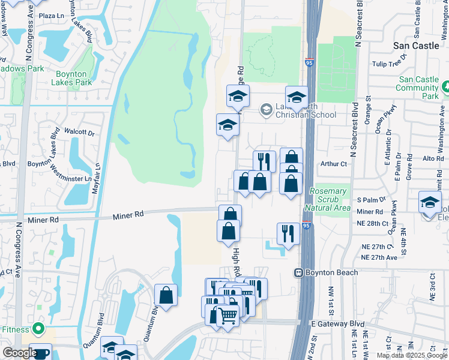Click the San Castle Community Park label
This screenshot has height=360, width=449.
(418, 88)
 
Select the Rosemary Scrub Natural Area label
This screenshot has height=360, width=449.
(328, 199)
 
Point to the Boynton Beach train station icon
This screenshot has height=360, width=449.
(298, 272)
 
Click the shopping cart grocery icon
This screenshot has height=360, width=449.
(226, 314)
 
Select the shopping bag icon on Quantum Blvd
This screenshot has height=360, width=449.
(166, 295)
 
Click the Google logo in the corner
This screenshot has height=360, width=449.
(20, 353)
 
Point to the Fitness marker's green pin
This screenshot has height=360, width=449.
(38, 329)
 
